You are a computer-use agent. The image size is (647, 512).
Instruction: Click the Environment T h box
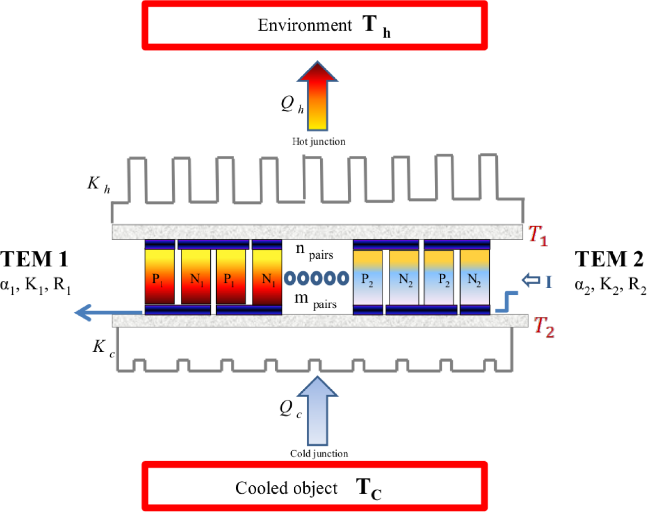click(x=315, y=25)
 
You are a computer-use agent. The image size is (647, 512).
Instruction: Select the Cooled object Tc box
click(x=315, y=487)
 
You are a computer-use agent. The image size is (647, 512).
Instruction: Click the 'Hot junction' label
click(x=319, y=141)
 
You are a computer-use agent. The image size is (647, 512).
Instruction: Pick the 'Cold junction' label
click(x=319, y=454)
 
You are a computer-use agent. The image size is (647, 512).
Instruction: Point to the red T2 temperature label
click(x=544, y=327)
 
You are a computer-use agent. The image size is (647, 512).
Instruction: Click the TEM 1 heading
click(x=34, y=259)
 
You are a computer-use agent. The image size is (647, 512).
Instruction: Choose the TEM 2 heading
click(x=609, y=259)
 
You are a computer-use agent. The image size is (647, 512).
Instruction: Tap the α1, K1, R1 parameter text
click(x=36, y=285)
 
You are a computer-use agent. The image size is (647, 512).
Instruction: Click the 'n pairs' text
click(x=314, y=251)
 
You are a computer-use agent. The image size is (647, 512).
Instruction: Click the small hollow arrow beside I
click(x=531, y=280)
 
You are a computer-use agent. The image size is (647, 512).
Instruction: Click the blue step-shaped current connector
click(x=507, y=302)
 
